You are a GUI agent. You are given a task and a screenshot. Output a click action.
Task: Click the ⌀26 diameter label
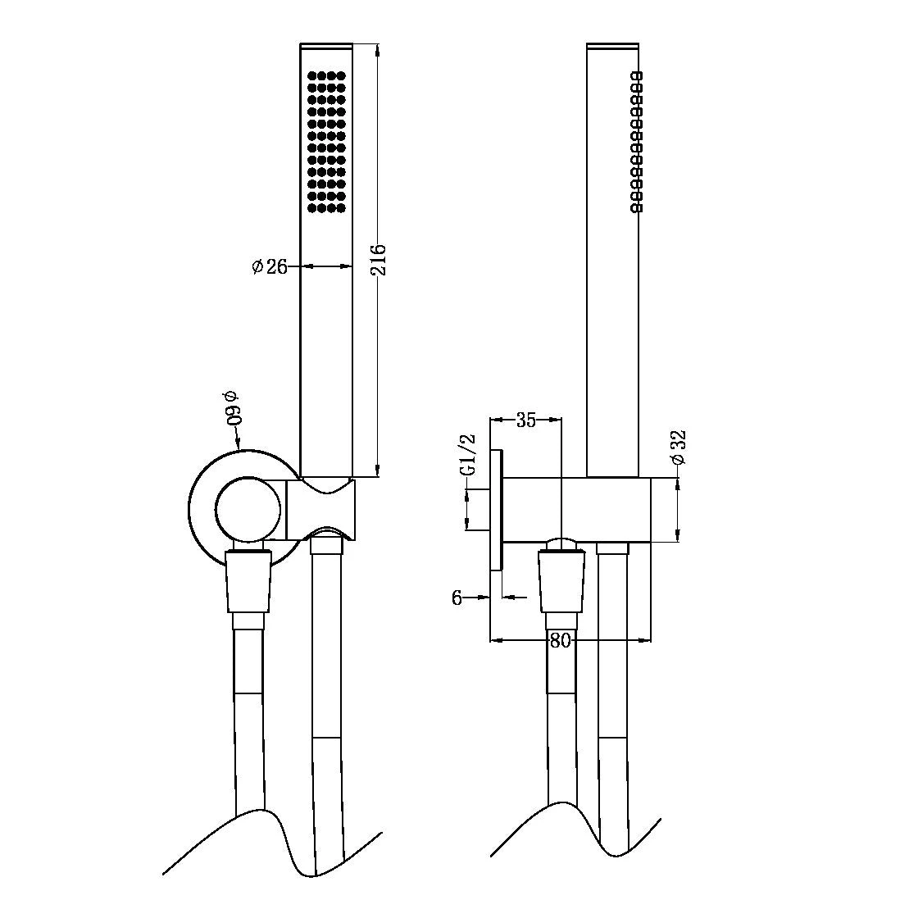(270, 266)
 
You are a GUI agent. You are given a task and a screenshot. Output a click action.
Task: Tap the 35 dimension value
(525, 420)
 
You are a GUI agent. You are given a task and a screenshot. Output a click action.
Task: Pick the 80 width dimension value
(560, 641)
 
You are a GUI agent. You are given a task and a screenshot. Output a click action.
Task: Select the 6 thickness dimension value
(457, 598)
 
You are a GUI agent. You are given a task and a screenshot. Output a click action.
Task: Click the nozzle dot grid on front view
(326, 143)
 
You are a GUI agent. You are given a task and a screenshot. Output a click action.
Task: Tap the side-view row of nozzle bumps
(637, 143)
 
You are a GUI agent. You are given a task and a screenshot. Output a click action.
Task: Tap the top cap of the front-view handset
(326, 44)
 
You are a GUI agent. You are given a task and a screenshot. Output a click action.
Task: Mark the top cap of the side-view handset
(612, 44)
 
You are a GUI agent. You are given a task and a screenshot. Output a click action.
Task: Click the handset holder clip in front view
(321, 508)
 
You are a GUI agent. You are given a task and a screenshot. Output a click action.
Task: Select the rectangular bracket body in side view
(607, 508)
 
